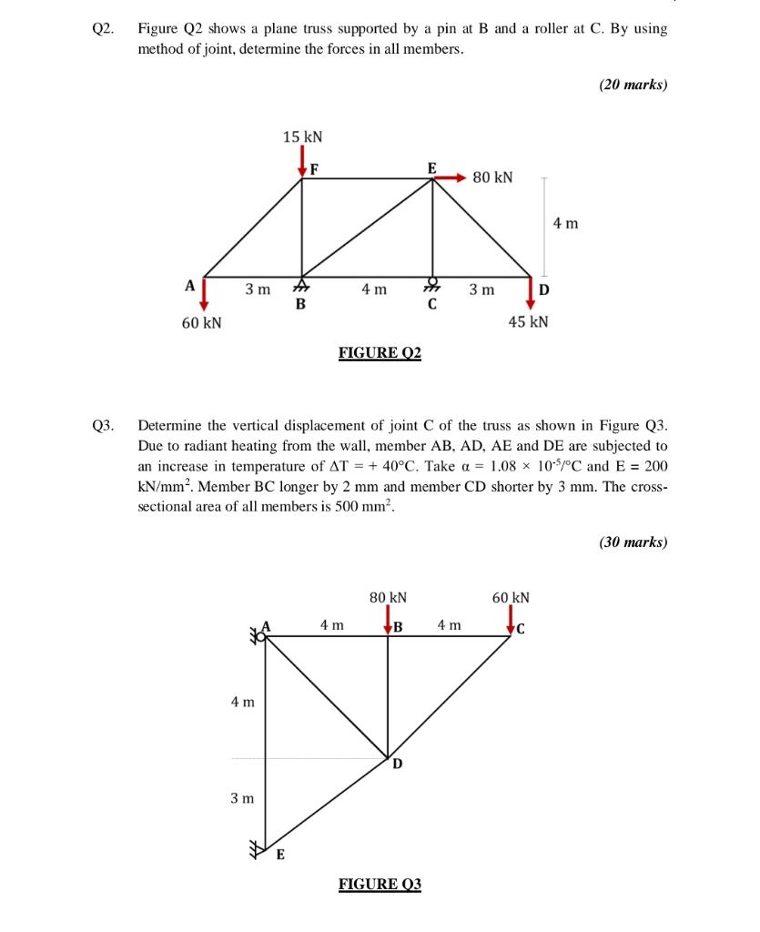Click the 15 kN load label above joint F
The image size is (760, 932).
302,137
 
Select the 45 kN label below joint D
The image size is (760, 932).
528,322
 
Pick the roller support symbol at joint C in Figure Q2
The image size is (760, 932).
432,286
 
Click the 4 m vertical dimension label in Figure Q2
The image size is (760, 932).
564,223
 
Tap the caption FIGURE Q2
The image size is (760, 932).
380,352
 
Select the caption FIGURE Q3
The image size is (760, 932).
380,884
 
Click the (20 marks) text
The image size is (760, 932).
633,85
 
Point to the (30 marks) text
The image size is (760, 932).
633,542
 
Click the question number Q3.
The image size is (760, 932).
103,424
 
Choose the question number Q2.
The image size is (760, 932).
103,28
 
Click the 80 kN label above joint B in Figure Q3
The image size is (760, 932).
388,598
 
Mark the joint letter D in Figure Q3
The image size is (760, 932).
398,764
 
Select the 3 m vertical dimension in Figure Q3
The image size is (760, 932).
241,798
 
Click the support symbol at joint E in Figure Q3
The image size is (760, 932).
261,850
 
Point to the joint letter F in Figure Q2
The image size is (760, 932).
314,167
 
